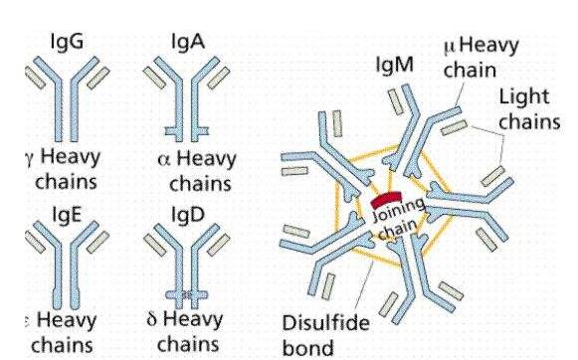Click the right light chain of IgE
(x=101, y=241)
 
